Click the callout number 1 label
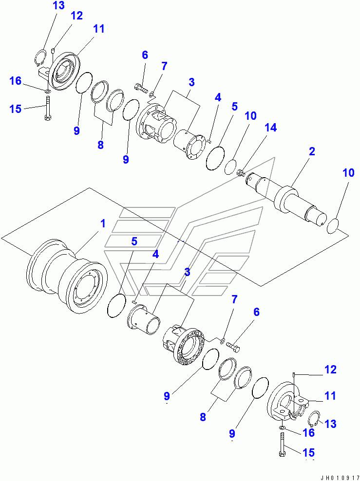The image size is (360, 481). tap(103, 223)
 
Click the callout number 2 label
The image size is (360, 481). tap(312, 151)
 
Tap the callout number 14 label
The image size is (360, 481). tap(270, 128)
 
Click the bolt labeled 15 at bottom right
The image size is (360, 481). tap(283, 444)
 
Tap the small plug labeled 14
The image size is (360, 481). tap(240, 172)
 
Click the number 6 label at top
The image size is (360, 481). tap(145, 55)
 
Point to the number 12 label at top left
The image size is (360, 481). tap(76, 16)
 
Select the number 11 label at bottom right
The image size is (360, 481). tap(330, 396)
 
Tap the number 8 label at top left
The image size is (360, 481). tap(100, 145)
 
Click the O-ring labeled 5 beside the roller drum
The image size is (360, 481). tap(116, 307)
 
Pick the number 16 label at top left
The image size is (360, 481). tap(16, 80)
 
